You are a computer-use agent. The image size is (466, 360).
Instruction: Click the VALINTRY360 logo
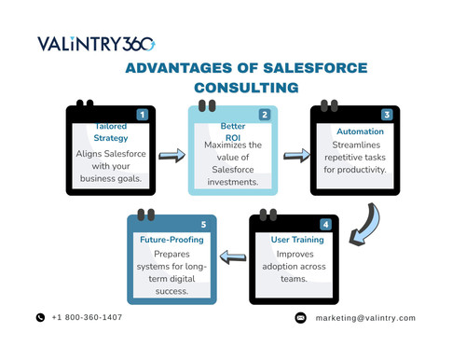coord(96,44)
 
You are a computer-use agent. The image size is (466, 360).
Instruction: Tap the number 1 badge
coord(142,115)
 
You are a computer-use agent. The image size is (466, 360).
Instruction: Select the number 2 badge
coord(264,115)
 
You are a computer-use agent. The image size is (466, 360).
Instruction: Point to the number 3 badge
coord(386,115)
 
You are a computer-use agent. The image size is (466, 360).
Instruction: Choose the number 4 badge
coord(325,225)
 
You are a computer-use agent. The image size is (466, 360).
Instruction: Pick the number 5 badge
coord(203,225)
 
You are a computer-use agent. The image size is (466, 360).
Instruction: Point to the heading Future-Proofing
coord(171,240)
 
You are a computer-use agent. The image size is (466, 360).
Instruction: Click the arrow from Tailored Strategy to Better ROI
coord(171,154)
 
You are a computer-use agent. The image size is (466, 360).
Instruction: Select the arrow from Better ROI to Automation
coord(295,154)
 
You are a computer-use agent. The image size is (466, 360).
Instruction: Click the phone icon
coord(40,317)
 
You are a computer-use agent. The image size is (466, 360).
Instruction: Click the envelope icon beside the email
coord(300,317)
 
